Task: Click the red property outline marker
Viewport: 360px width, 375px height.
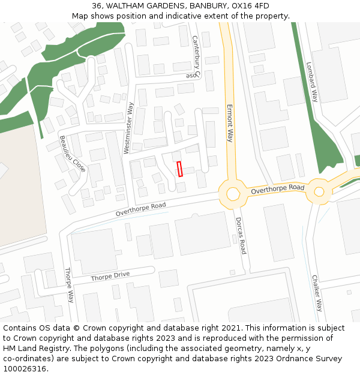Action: tap(179, 169)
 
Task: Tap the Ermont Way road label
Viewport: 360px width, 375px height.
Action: tap(229, 122)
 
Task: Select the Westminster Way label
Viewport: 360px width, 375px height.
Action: tap(129, 127)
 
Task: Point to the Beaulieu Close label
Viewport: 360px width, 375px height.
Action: tap(72, 154)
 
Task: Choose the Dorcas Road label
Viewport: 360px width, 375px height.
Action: tap(241, 236)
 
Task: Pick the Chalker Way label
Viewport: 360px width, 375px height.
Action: tap(317, 293)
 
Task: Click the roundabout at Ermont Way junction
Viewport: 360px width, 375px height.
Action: tap(232, 194)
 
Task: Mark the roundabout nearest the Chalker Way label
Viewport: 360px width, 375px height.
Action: tap(319, 192)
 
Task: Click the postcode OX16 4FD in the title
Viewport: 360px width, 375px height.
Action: tap(251, 6)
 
